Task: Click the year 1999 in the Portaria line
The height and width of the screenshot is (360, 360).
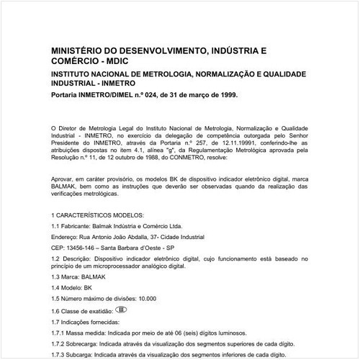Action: coord(225,94)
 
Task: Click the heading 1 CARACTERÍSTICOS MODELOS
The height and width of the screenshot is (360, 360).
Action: coord(98,215)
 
